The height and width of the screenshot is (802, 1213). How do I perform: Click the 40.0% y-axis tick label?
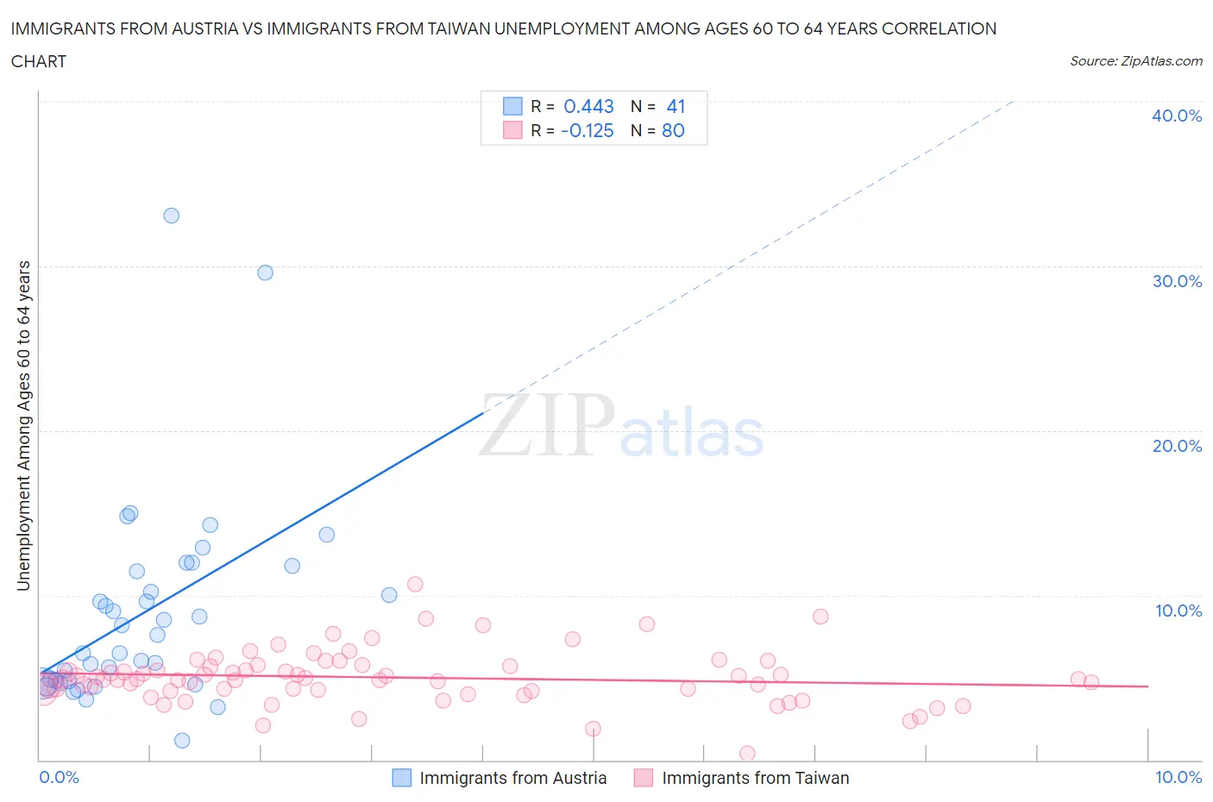click(x=1177, y=116)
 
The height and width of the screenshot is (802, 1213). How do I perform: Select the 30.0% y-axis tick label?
click(x=1177, y=281)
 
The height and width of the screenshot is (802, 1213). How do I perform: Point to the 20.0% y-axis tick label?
click(x=1177, y=446)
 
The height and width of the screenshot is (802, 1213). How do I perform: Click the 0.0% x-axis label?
click(x=59, y=777)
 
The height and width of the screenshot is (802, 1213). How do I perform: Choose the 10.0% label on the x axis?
click(x=1178, y=777)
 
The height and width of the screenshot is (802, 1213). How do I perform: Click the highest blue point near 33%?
click(x=172, y=216)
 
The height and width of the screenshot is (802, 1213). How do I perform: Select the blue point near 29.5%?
click(x=266, y=273)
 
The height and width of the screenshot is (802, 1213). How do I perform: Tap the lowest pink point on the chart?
click(x=747, y=754)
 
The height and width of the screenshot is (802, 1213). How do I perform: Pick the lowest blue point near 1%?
click(x=182, y=741)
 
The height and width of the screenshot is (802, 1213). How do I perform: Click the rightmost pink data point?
click(x=1091, y=682)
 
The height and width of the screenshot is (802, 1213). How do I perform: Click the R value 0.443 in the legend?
click(x=588, y=106)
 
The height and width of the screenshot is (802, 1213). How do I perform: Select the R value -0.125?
click(x=587, y=130)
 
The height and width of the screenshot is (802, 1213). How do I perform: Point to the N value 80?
click(x=673, y=130)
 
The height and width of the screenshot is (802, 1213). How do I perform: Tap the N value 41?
click(x=676, y=106)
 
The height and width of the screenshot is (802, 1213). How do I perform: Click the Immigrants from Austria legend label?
click(x=512, y=778)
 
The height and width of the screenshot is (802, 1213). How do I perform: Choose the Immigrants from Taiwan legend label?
click(x=755, y=778)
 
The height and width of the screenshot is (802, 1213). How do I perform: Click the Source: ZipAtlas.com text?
click(x=1135, y=60)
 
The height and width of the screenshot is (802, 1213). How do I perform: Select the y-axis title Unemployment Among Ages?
click(x=23, y=425)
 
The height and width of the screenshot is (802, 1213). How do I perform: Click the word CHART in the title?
click(x=39, y=61)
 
